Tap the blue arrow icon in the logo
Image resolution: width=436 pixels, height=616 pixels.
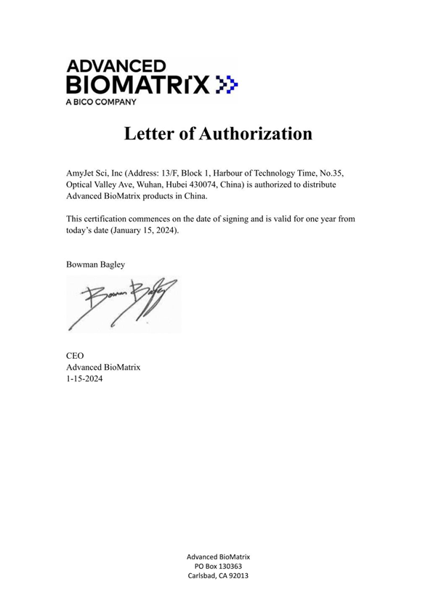227,84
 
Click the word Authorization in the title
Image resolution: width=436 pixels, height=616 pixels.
246,134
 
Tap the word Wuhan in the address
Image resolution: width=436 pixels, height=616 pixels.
134,185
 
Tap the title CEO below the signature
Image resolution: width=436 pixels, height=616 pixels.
75,356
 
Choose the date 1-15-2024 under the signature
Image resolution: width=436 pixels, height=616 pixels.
84,379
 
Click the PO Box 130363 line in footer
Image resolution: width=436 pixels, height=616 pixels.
219,566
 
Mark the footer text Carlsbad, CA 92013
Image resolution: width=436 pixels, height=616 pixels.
219,576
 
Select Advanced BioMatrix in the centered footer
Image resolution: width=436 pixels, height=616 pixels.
219,556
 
